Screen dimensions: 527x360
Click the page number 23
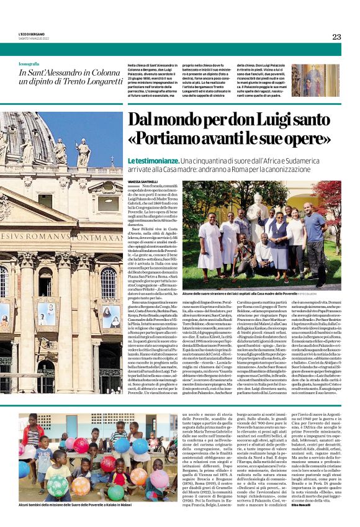(336, 37)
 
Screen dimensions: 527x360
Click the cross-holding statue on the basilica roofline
(83, 151)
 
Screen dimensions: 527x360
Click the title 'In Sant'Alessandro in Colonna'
(68, 73)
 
